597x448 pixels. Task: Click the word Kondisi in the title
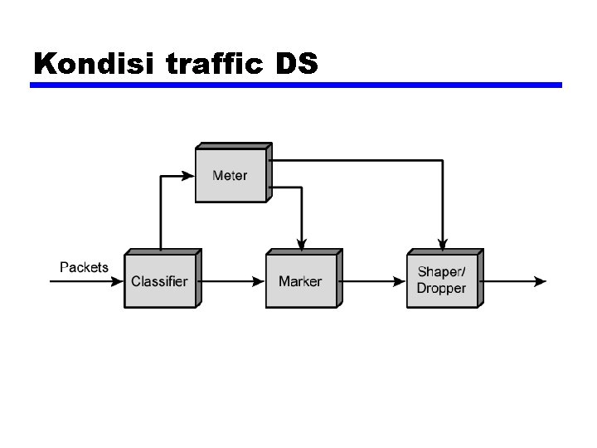click(x=95, y=64)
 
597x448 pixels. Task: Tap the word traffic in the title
click(x=216, y=64)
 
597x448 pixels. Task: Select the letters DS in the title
click(x=297, y=64)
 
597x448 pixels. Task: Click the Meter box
click(x=231, y=175)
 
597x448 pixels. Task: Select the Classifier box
click(x=159, y=281)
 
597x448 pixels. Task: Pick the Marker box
click(x=300, y=281)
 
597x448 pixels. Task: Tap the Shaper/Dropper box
click(x=441, y=281)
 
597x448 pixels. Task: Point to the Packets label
click(x=84, y=267)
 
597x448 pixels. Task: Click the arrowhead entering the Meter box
click(x=189, y=175)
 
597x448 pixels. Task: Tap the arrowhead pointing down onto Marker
click(x=302, y=243)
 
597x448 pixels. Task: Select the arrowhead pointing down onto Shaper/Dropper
click(x=444, y=243)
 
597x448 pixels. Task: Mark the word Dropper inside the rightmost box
click(x=441, y=289)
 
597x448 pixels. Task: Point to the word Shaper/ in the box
click(x=441, y=272)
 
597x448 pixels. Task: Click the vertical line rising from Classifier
click(x=159, y=216)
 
